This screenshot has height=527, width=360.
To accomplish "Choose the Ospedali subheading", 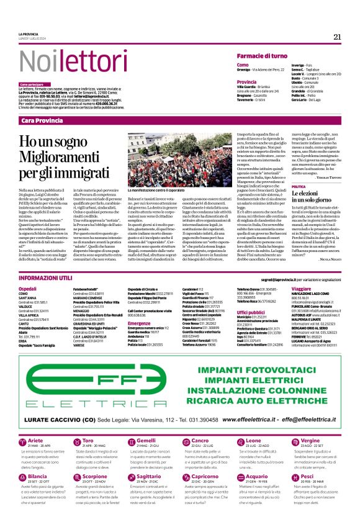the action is (x=29, y=290).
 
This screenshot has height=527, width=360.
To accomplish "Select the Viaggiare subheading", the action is (x=302, y=290).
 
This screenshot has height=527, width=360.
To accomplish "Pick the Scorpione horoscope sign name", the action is (x=95, y=477).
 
